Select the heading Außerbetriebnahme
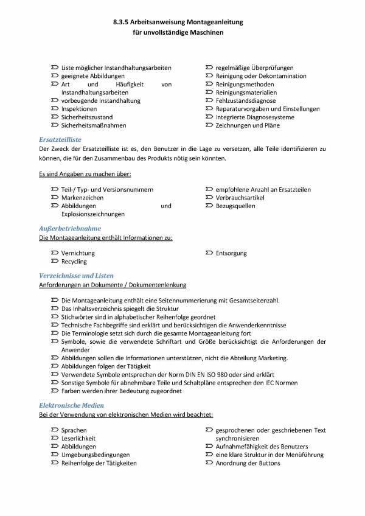(64, 228)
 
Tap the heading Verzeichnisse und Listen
(76, 276)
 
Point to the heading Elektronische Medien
(71, 405)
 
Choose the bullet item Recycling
(74, 262)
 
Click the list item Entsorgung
(231, 253)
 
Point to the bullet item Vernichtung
(78, 253)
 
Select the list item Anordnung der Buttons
(248, 463)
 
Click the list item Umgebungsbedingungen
(96, 455)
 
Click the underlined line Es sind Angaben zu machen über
(85, 175)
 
